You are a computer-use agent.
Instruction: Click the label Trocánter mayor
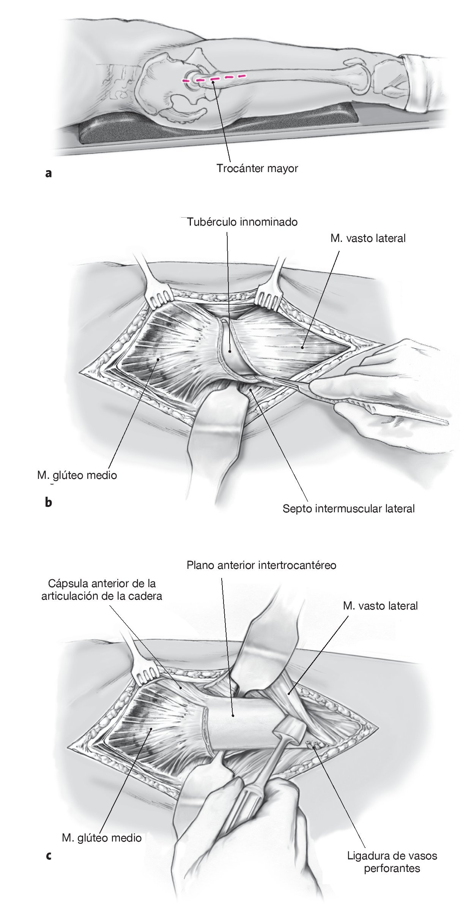point(257,168)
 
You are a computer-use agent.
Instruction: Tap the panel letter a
point(48,174)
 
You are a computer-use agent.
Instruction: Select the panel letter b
point(48,502)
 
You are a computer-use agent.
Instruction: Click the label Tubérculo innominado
point(242,222)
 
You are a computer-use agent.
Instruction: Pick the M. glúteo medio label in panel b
point(77,475)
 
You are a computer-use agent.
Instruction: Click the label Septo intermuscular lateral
point(348,508)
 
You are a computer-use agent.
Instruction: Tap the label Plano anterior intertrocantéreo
point(261,565)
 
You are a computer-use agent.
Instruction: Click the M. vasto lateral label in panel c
point(380,606)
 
